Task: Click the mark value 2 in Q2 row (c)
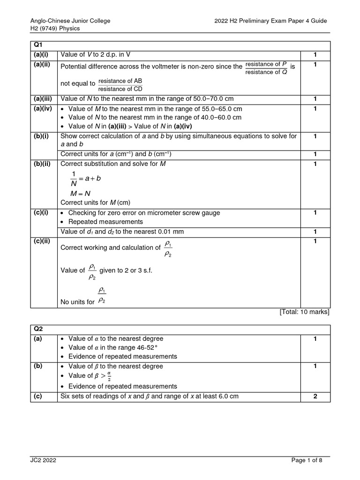[315, 396]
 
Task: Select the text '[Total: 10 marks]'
[305, 312]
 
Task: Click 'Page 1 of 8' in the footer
[307, 460]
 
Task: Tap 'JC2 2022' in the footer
[43, 460]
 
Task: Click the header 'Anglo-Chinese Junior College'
[70, 21]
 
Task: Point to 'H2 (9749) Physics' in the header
[55, 28]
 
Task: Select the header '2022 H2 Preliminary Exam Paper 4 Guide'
[270, 21]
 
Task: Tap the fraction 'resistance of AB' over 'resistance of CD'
[120, 85]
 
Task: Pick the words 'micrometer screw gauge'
[185, 213]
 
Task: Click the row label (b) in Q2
[37, 366]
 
